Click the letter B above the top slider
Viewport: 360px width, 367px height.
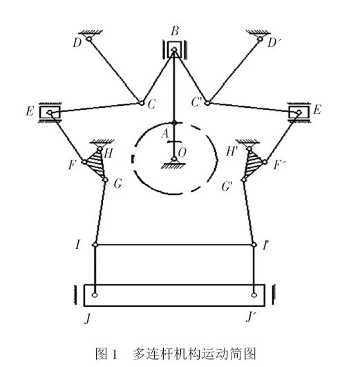(175, 31)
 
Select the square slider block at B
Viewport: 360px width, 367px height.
(174, 49)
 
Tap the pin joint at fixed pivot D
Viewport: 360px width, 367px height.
(89, 39)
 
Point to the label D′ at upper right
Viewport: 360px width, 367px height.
(274, 43)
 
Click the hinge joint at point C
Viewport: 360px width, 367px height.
(142, 103)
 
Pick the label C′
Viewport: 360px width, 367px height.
(196, 102)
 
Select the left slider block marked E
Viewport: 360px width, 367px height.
(50, 113)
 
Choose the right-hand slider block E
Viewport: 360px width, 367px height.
(299, 113)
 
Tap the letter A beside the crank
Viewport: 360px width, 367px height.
(165, 134)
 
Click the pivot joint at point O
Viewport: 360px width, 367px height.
(174, 159)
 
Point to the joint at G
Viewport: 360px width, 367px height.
(105, 180)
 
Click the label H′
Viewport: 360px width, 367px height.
(232, 151)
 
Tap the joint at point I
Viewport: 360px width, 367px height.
(95, 245)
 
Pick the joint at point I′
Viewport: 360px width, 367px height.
(254, 245)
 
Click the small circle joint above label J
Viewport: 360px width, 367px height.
(95, 295)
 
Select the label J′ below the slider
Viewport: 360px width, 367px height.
(251, 317)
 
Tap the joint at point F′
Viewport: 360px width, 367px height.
(265, 162)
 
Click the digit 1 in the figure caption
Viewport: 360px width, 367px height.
(115, 355)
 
